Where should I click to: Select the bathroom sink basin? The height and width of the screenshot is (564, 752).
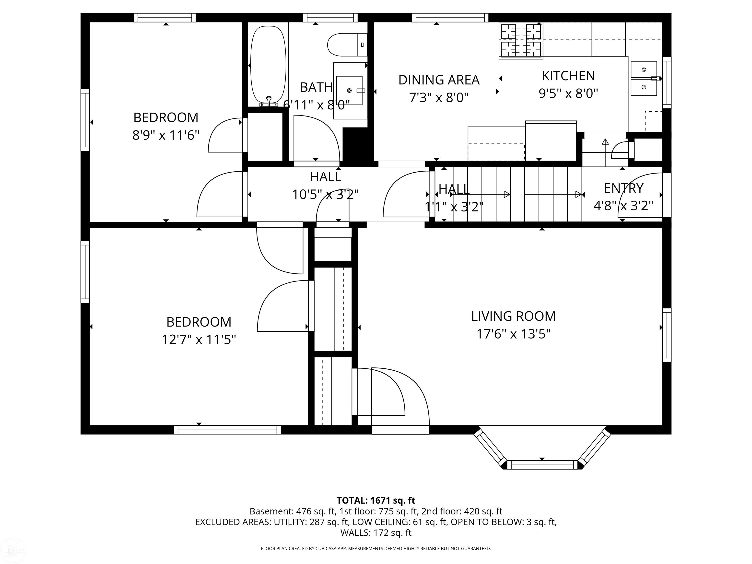coord(349,90)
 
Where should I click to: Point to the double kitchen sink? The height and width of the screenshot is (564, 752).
coord(644,79)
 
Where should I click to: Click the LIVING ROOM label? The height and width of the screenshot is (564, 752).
coord(513,317)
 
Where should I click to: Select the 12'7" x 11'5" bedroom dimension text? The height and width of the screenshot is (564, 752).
coord(199,340)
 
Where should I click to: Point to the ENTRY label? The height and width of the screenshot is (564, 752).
coord(623,188)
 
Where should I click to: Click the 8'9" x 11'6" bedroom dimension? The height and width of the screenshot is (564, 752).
coord(165,135)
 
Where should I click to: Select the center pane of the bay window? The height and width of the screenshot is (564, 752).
coord(542,465)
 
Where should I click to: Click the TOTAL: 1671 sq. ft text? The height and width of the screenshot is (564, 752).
coord(376,500)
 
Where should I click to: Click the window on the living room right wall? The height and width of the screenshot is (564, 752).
coord(667,335)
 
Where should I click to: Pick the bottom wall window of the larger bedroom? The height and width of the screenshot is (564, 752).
coord(227,430)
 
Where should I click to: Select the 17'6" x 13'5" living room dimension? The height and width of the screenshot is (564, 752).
coord(513,334)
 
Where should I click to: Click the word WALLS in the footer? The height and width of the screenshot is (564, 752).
coord(355,533)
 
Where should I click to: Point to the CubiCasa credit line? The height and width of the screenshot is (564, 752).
coord(376,548)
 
